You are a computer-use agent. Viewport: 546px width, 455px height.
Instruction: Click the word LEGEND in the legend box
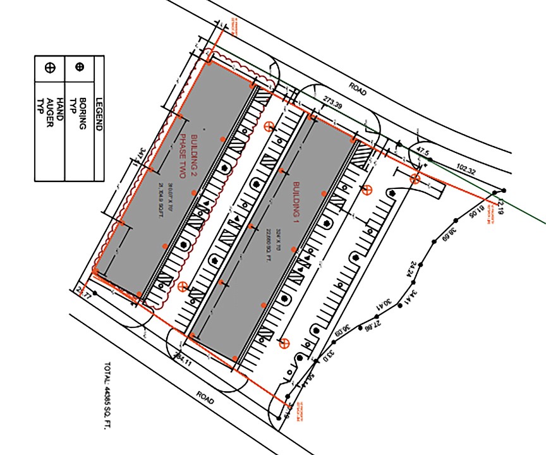point(99,113)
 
